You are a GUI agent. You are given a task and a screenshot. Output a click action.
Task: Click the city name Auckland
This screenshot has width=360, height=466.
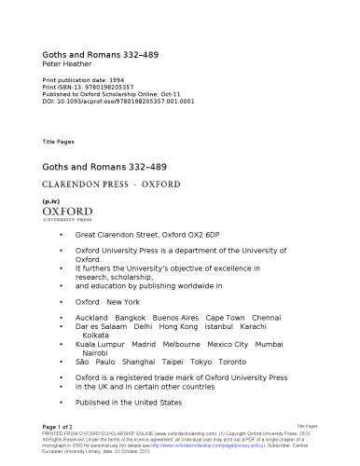(94, 317)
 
